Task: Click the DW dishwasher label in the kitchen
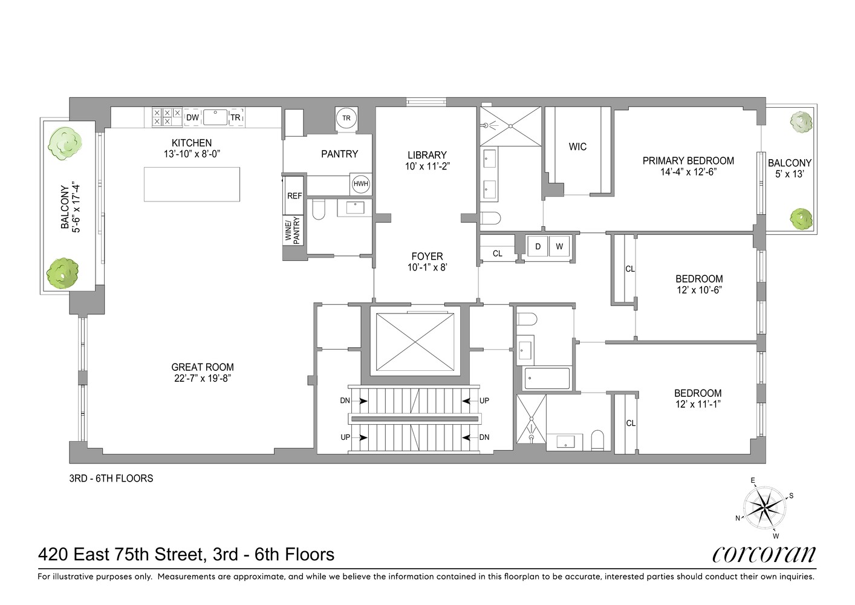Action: point(192,117)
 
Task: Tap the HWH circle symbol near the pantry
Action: point(360,184)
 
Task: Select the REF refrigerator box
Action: point(294,196)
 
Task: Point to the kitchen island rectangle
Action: point(192,184)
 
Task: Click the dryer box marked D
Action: point(538,246)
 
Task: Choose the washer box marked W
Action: point(559,246)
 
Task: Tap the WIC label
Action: point(577,146)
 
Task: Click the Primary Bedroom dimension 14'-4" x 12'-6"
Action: point(688,172)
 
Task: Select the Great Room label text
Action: point(202,367)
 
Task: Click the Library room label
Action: point(427,155)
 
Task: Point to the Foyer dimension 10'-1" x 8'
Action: point(427,267)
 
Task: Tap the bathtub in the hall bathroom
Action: point(547,378)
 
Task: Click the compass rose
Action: point(764,508)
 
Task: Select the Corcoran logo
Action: point(764,554)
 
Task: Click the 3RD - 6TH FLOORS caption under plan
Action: point(111,478)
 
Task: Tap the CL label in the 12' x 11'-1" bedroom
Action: point(631,423)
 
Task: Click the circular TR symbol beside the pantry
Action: point(346,118)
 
